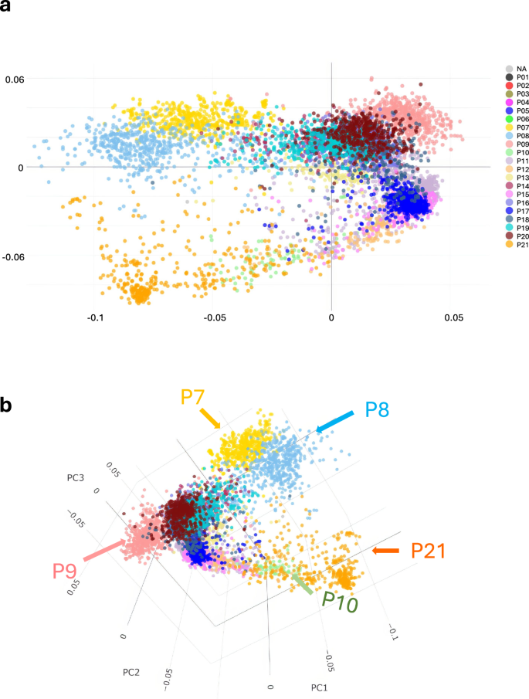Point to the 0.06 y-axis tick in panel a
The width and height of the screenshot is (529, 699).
coord(15,80)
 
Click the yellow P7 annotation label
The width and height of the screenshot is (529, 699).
coord(193,397)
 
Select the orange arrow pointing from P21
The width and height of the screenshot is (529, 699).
coord(385,550)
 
